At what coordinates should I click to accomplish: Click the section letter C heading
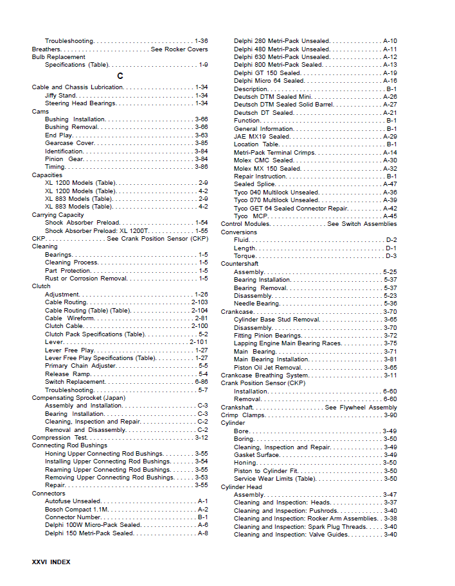120,76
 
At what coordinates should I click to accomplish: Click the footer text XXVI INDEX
51,562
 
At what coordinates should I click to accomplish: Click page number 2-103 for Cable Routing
199,302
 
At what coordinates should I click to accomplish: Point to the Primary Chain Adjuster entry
80,366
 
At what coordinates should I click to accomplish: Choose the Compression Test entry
60,438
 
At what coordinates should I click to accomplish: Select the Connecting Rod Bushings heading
69,445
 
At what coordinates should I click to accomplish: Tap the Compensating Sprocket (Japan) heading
78,398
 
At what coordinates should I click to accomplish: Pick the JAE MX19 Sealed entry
262,137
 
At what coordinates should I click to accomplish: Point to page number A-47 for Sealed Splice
389,184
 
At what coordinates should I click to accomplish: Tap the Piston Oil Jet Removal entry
267,368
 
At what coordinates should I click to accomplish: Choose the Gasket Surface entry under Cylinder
256,455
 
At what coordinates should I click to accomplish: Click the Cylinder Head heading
241,487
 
